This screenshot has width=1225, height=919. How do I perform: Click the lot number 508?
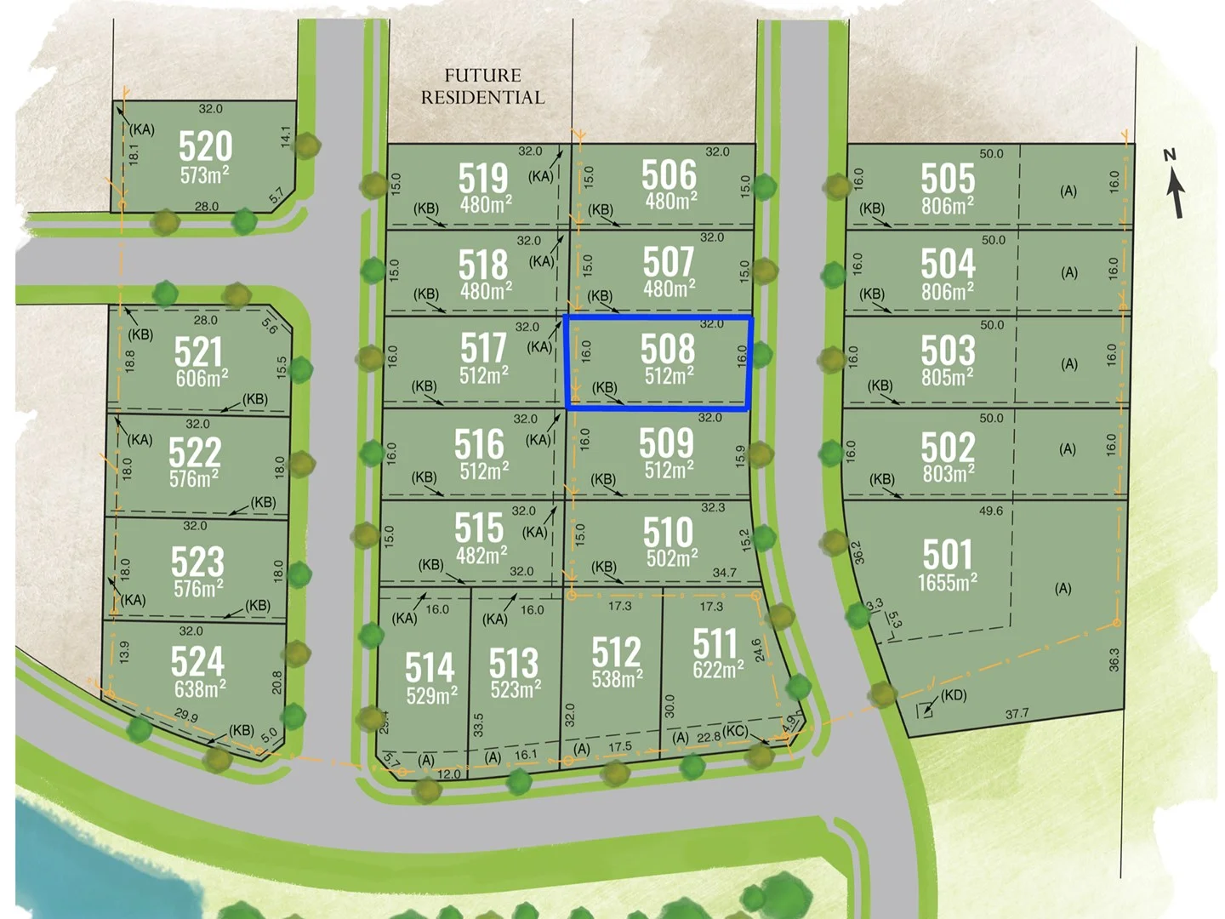(x=668, y=350)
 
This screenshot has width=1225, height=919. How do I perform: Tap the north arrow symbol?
(x=1174, y=185)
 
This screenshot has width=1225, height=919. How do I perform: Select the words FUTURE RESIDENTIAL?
(x=482, y=87)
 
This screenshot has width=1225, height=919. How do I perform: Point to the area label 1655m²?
(x=947, y=583)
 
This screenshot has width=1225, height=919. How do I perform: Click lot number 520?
(x=205, y=146)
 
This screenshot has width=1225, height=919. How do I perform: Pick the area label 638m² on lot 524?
(x=200, y=688)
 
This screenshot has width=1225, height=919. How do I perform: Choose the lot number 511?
(x=715, y=643)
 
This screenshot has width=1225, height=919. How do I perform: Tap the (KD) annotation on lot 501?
(x=953, y=695)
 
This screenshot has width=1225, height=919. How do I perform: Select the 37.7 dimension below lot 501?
(x=1017, y=714)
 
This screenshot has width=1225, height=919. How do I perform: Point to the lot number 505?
(x=948, y=179)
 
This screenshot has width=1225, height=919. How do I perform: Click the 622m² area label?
(x=718, y=670)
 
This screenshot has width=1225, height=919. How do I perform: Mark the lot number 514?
(x=430, y=667)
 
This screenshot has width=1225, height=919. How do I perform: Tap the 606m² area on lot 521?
(x=202, y=378)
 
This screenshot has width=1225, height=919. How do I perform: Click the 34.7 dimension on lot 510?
(x=724, y=573)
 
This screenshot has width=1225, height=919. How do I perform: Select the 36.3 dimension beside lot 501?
(x=1114, y=659)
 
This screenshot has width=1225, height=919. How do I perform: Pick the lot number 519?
(x=483, y=179)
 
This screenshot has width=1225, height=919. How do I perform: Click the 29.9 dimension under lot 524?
(x=186, y=716)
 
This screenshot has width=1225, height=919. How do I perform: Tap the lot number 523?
(x=197, y=562)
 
